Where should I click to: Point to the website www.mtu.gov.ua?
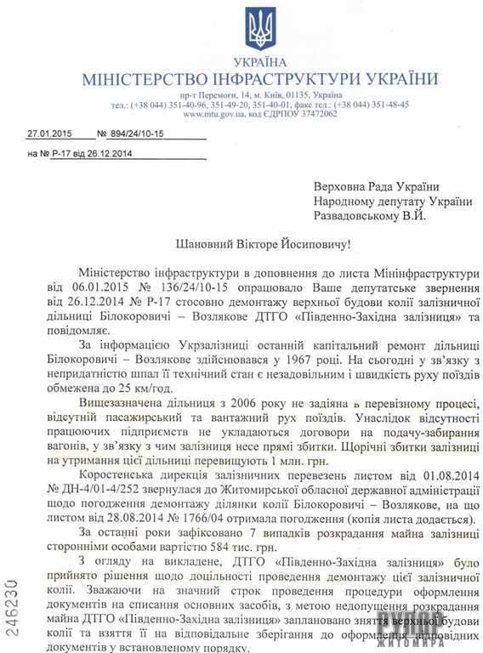point(214,113)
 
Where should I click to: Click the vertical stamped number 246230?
point(13,605)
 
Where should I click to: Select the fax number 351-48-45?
point(389,104)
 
